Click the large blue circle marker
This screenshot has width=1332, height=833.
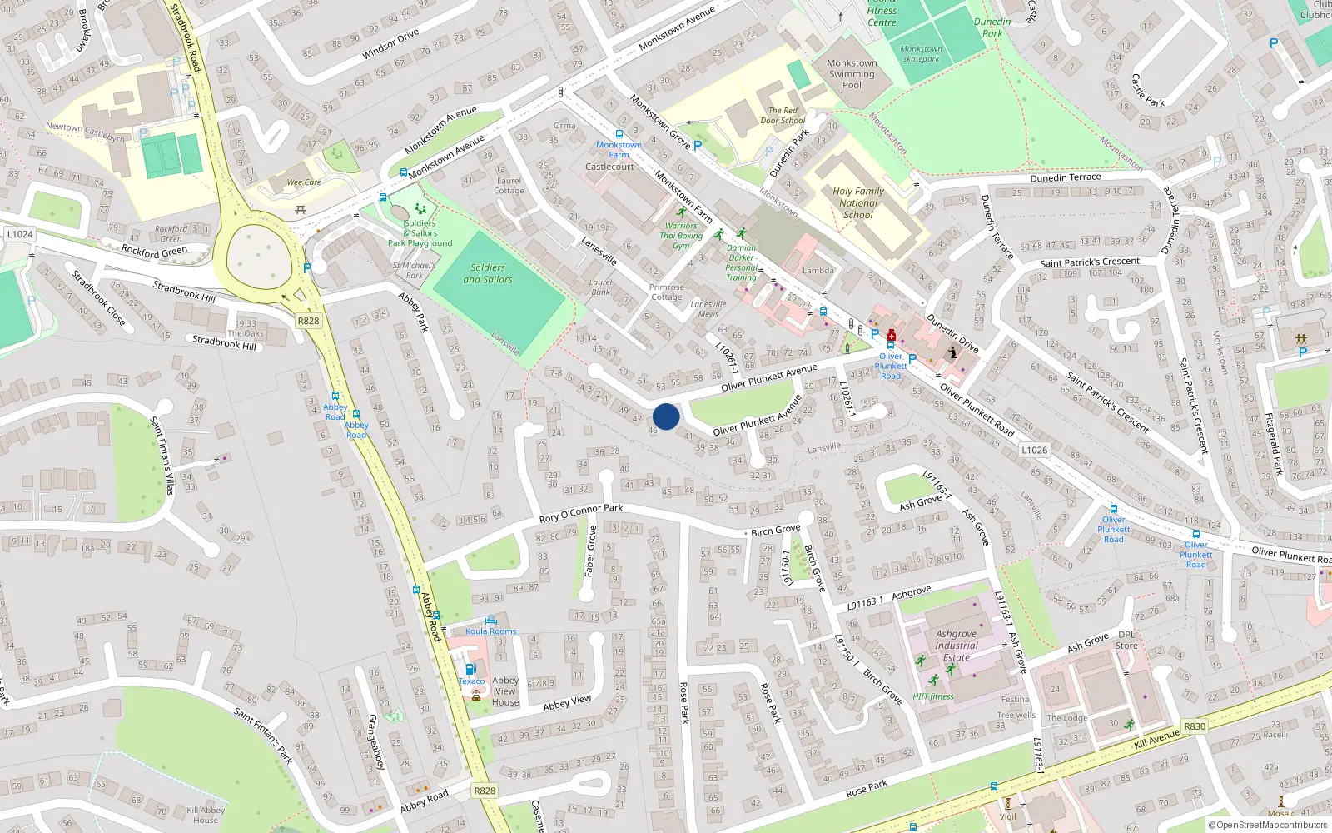(x=666, y=416)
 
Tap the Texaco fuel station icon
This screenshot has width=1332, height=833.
(x=470, y=670)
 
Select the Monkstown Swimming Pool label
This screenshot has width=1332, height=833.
(x=852, y=74)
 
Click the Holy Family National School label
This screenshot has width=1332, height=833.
(x=858, y=202)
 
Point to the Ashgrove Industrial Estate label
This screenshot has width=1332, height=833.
(x=957, y=646)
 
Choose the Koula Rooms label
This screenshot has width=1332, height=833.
(x=491, y=631)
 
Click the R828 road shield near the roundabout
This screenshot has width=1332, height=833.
(x=308, y=321)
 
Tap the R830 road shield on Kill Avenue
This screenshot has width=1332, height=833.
(x=1195, y=726)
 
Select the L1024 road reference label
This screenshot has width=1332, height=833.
(x=20, y=234)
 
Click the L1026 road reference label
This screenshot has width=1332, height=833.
(x=1034, y=450)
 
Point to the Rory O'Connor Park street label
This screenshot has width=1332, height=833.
(x=580, y=513)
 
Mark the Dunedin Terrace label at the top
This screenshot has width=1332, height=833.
(x=1065, y=177)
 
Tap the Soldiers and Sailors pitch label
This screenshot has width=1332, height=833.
(x=488, y=274)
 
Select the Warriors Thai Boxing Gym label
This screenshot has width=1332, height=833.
(x=681, y=236)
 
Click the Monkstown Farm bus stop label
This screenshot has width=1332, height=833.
(x=619, y=149)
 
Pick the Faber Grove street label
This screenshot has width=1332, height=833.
(x=590, y=551)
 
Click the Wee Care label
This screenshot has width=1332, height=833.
(x=304, y=182)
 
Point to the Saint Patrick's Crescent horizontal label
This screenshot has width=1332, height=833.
(x=1090, y=262)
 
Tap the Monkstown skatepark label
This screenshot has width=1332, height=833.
(x=922, y=54)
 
